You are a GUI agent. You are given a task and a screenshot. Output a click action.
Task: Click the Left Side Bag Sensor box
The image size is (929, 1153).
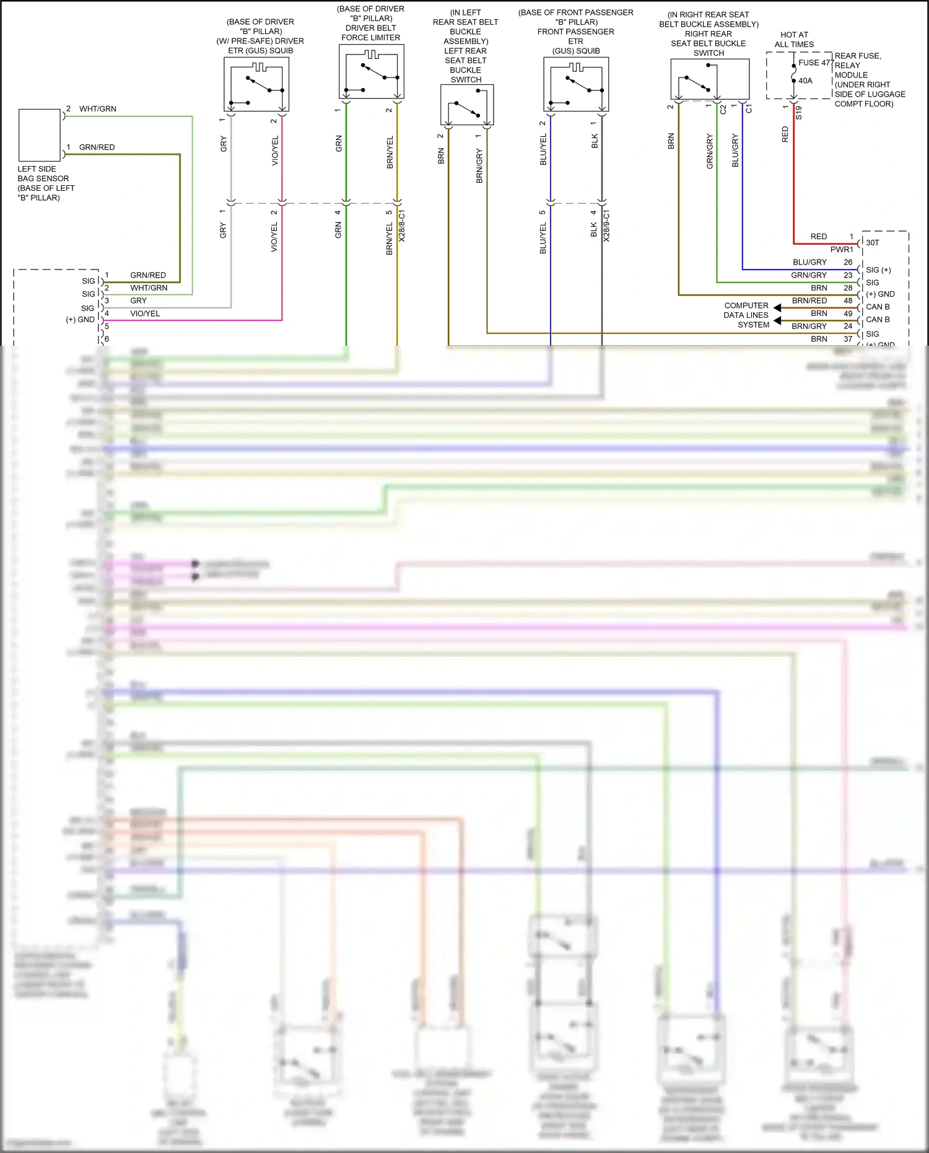click(40, 135)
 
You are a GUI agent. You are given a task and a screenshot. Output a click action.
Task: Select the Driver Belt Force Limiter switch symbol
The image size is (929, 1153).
click(372, 72)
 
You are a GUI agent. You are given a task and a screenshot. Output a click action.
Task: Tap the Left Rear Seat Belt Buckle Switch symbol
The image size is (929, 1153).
click(467, 105)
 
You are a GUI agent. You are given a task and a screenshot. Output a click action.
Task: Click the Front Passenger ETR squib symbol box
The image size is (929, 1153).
click(576, 84)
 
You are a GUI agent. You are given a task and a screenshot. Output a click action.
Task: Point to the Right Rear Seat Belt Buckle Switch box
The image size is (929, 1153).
click(710, 79)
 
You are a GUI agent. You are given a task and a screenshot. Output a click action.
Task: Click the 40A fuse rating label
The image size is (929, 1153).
click(805, 81)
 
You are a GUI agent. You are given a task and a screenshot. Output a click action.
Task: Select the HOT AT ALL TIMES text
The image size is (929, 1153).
click(794, 40)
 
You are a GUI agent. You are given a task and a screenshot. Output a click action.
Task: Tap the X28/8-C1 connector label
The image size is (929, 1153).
click(402, 226)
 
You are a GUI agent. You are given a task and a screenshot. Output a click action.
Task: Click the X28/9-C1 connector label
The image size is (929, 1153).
click(607, 226)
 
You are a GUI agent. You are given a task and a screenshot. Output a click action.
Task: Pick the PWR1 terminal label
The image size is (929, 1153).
click(842, 250)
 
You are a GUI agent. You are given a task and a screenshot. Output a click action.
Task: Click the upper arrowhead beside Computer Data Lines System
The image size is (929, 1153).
click(777, 308)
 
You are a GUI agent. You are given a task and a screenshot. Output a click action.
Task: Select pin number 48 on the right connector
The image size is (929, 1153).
click(848, 300)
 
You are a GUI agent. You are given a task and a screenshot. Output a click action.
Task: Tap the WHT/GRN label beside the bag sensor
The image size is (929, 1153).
click(98, 109)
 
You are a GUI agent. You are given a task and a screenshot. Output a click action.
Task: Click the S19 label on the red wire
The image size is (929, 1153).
click(799, 113)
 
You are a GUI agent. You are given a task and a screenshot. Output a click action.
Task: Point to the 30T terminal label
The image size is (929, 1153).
click(872, 243)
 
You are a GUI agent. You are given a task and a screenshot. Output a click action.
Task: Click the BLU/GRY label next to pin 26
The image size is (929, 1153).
click(809, 262)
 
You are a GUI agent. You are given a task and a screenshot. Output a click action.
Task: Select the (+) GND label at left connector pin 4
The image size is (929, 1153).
click(81, 320)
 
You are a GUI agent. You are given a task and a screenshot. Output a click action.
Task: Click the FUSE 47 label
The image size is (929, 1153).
click(815, 63)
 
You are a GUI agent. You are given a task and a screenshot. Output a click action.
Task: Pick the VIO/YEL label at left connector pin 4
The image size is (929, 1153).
click(145, 313)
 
